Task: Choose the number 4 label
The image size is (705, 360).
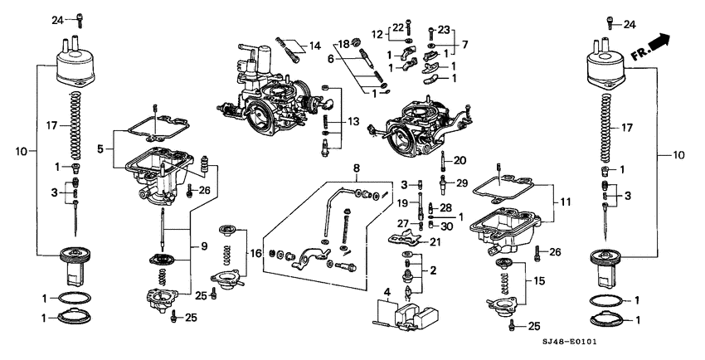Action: point(386,291)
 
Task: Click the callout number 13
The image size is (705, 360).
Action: point(354,121)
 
